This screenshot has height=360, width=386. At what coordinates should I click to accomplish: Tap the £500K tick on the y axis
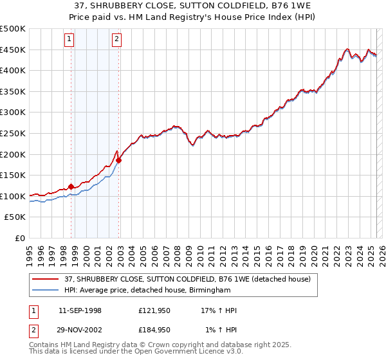click(x=13, y=29)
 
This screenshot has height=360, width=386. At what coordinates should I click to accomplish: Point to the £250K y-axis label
click(x=13, y=134)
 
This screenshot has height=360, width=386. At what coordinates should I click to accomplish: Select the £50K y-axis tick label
click(x=15, y=217)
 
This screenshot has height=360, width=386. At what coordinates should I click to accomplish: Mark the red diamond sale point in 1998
click(x=71, y=186)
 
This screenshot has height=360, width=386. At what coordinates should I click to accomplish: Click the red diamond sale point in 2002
click(x=119, y=160)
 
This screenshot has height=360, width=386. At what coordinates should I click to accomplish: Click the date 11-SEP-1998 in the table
click(x=80, y=310)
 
